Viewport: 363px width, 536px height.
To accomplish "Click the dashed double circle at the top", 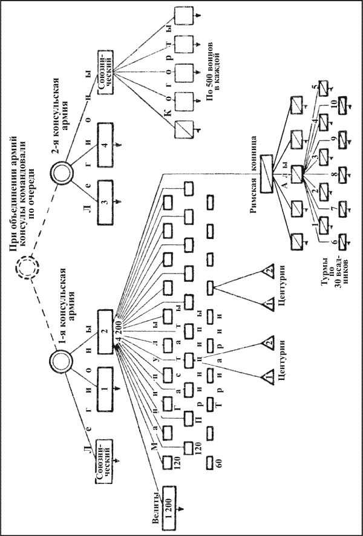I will pyautogui.click(x=27, y=266).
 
